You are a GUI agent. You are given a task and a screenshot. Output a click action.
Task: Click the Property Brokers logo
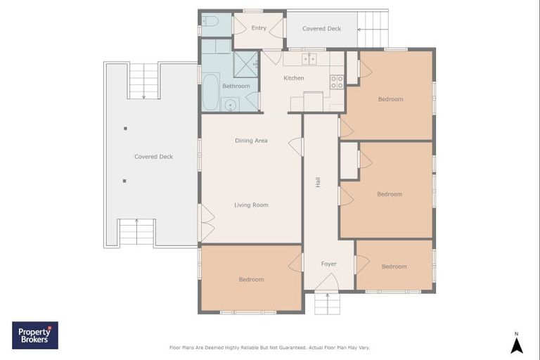point(35,335)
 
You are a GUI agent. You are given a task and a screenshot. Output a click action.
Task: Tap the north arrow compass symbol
point(516,343)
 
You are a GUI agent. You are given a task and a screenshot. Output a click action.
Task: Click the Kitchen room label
point(294,78)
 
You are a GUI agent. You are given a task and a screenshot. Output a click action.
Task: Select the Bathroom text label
point(236,86)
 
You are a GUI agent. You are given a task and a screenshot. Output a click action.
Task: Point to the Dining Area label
point(251,141)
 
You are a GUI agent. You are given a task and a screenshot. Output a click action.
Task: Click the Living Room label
point(252,205)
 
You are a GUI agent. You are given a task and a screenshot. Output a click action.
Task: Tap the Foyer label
point(329,264)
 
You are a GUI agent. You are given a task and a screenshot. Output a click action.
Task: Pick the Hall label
point(318,182)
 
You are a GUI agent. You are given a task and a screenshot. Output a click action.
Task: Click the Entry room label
point(259,28)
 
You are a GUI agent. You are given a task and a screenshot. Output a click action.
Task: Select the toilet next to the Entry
point(210,22)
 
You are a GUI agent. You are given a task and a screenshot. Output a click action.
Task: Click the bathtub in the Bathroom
point(210,92)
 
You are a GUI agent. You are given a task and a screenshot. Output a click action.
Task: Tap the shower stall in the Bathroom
point(246,65)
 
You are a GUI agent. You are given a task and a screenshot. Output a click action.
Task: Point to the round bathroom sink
point(230,105)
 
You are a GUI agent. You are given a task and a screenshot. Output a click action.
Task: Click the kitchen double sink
point(309,59)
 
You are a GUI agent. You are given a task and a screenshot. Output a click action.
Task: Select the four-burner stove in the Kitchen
point(337,82)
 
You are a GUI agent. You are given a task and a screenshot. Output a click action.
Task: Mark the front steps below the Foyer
point(327,303)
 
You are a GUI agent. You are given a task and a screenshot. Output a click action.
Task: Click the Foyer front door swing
point(327,281)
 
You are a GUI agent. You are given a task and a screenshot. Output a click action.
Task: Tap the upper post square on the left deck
point(125,129)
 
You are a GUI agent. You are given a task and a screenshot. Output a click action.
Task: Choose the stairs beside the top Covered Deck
point(373,29)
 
